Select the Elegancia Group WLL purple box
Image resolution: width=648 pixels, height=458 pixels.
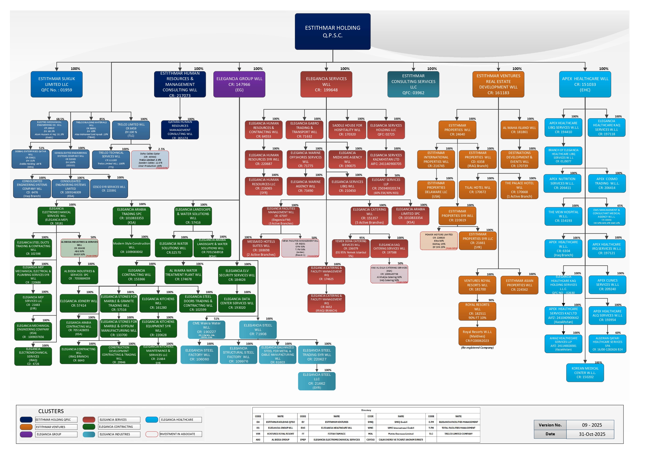point(239,84)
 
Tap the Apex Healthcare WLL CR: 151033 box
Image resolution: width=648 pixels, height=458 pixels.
point(585,84)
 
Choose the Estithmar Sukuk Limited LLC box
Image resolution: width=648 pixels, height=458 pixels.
point(56,84)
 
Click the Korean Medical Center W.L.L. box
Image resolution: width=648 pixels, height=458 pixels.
point(585,373)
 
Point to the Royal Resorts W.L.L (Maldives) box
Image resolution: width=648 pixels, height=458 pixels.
point(477,336)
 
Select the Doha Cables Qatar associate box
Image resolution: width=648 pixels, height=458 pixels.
point(150,160)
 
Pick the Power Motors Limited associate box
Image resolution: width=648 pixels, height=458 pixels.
point(439,241)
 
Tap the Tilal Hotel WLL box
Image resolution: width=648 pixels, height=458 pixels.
point(477,190)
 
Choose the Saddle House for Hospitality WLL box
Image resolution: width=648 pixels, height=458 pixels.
point(347,130)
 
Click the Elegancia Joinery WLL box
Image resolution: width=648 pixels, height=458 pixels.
point(78,303)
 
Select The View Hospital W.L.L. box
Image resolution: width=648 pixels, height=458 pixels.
point(563,216)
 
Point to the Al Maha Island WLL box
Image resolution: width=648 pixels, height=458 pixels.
point(519,130)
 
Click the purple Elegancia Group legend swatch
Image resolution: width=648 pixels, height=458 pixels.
point(26,434)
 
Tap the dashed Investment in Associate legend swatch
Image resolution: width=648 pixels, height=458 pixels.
point(151,434)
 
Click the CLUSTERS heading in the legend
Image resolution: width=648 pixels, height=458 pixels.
point(51,411)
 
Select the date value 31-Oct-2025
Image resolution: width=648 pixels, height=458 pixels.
point(592,434)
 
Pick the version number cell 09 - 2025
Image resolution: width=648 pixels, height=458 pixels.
point(592,425)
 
